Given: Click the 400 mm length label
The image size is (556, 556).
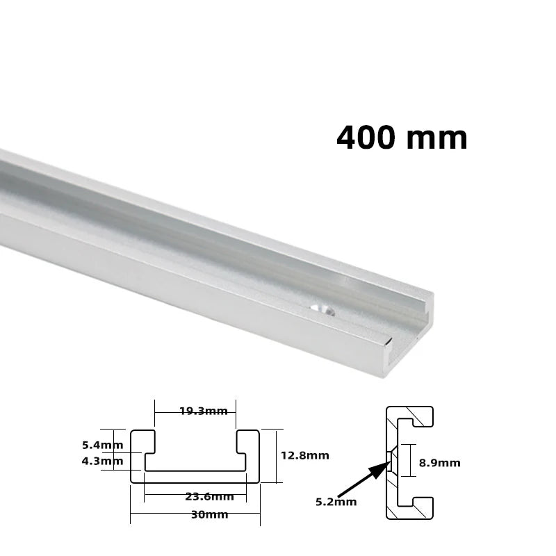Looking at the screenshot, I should click(x=402, y=138).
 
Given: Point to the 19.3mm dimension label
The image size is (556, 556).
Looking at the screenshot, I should click(x=203, y=411).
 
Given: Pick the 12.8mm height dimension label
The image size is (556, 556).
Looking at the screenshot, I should click(x=304, y=456).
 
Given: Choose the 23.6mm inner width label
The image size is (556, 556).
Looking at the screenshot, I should click(x=209, y=496).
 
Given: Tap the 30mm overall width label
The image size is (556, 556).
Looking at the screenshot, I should click(x=209, y=515).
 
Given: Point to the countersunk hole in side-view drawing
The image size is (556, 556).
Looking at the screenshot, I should click(x=391, y=459).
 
